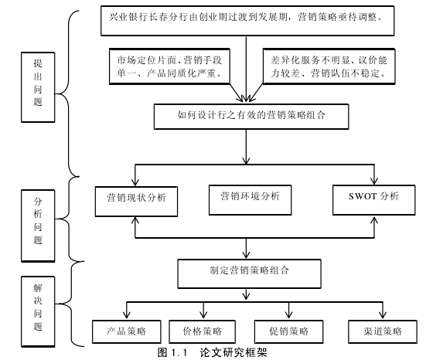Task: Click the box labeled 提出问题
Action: tap(38, 87)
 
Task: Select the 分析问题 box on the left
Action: tap(38, 226)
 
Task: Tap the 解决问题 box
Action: tap(38, 311)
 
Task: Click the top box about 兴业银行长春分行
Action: tap(247, 21)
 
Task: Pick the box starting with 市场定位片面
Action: tap(169, 66)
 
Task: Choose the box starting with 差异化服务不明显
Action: tap(329, 66)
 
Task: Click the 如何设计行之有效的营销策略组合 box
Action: tap(251, 117)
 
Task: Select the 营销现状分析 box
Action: tap(136, 202)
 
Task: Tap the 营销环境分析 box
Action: tap(251, 200)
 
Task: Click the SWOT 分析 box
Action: tap(374, 200)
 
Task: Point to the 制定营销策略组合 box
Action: tap(249, 273)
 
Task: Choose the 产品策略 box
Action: tap(127, 331)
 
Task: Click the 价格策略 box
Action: tap(202, 331)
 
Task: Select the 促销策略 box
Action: tap(288, 331)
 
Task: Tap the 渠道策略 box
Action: tap(383, 331)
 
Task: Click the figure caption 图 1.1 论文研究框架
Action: tap(212, 352)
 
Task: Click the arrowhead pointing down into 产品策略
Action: tap(127, 315)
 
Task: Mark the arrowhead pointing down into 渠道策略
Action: tap(383, 315)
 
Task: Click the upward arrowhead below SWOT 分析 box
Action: tap(374, 220)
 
